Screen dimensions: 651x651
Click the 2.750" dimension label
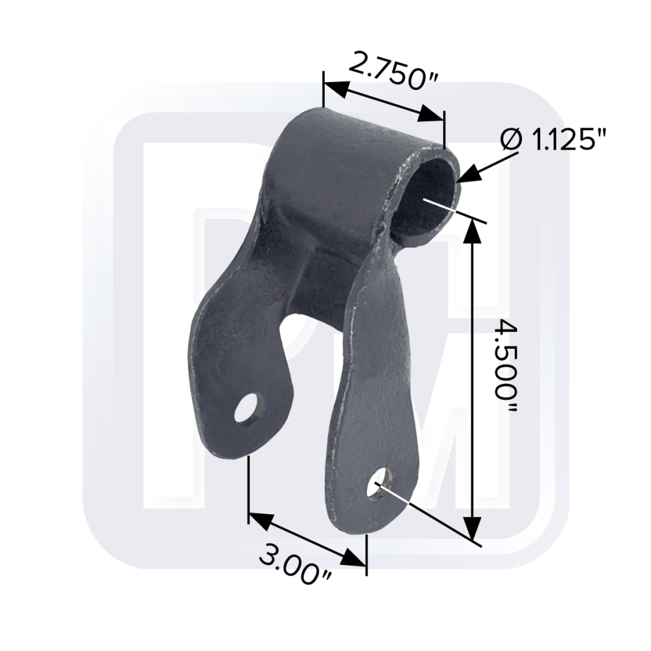(393, 70)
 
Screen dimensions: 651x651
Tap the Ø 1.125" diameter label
(553, 139)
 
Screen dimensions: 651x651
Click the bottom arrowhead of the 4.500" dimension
(472, 528)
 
